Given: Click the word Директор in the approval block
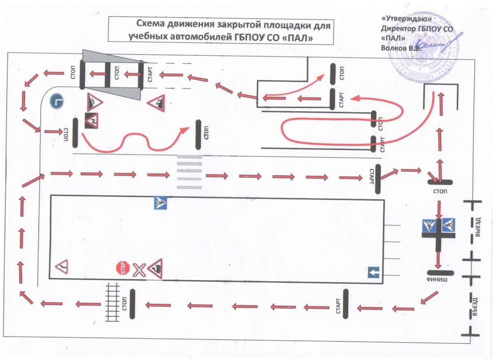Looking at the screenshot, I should pos(397,28).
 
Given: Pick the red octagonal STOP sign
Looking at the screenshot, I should pos(123,269).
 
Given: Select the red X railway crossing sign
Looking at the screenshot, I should pos(139,270).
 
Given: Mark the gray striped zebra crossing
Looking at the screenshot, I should pos(189,172).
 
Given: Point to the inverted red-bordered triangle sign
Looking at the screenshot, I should pos(62,267).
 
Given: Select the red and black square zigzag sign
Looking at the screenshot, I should pos(91,120).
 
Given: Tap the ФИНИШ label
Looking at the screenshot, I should pos(440,281).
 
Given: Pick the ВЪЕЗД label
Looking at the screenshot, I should pos(478,306).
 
